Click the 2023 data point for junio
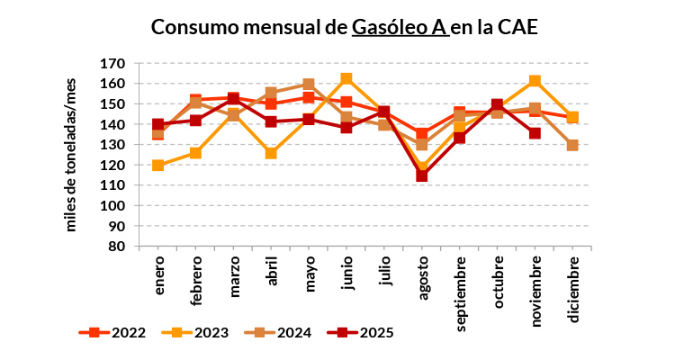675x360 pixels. (346, 79)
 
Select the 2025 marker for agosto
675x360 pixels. (421, 175)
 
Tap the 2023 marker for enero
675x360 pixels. (158, 166)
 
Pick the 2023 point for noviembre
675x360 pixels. (535, 81)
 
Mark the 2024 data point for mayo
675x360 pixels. (309, 85)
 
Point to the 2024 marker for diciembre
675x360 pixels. (572, 145)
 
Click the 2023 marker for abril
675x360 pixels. (271, 153)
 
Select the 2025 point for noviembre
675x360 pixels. (535, 133)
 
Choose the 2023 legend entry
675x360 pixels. (197, 332)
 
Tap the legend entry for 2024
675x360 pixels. (280, 332)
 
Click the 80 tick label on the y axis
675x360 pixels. (116, 246)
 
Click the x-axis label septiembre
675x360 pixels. (460, 287)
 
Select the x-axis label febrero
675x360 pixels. (196, 280)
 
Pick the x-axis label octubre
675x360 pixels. (497, 281)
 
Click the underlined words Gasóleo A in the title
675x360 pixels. (400, 28)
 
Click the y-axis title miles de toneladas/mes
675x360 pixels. (72, 155)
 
